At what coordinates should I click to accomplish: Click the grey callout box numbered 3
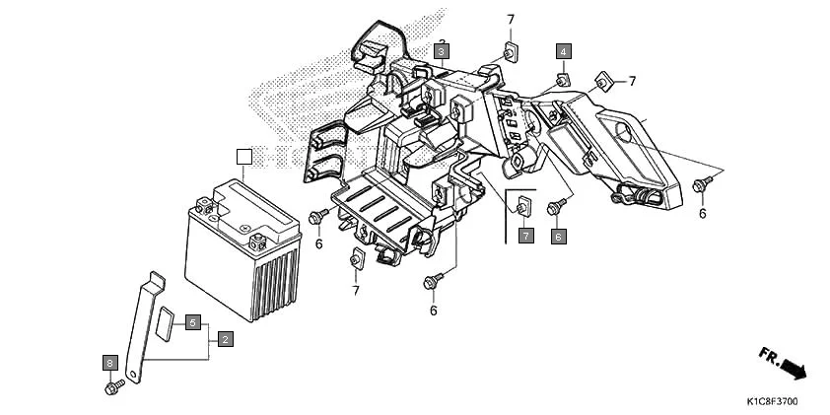(442, 50)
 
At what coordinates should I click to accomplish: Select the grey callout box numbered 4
(563, 50)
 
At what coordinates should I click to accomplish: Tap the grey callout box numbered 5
(194, 322)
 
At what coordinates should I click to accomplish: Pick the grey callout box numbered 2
(226, 339)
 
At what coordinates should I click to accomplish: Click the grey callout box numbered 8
(109, 363)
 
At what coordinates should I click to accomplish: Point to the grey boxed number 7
(526, 236)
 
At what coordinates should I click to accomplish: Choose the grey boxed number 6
(558, 236)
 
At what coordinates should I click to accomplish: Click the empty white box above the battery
(245, 156)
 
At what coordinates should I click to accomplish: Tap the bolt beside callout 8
(112, 385)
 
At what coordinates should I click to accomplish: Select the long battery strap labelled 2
(144, 325)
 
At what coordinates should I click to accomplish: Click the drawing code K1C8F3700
(773, 402)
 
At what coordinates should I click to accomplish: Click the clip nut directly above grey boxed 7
(522, 207)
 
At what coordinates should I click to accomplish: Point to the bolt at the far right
(701, 183)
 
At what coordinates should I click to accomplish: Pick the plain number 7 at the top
(511, 20)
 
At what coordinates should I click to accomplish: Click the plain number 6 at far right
(703, 212)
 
